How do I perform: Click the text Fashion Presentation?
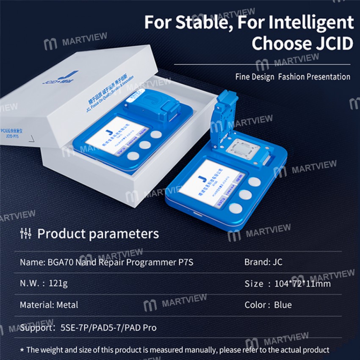click(x=314, y=77)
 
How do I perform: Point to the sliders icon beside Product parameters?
click(x=26, y=233)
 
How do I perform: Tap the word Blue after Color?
click(x=282, y=305)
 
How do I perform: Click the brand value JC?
click(x=276, y=262)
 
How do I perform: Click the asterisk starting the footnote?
click(x=22, y=350)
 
